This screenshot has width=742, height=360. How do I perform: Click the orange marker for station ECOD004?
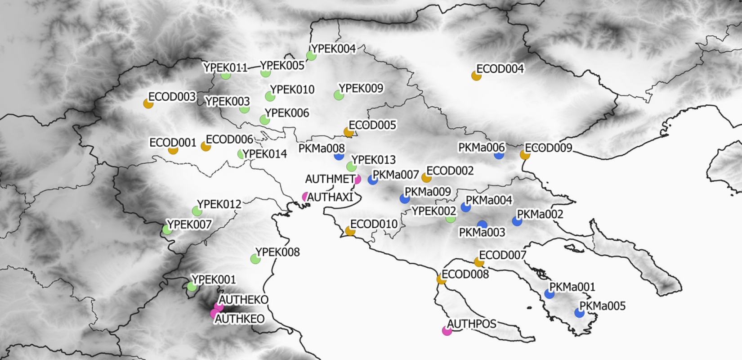pyautogui.click(x=476, y=76)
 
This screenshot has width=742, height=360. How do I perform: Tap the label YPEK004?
pyautogui.click(x=334, y=49)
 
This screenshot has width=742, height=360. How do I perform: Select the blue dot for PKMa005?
pyautogui.click(x=580, y=313)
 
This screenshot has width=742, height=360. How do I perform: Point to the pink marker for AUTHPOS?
pyautogui.click(x=447, y=331)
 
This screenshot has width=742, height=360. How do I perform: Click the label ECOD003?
pyautogui.click(x=172, y=97)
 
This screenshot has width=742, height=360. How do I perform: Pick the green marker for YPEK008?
pyautogui.click(x=255, y=259)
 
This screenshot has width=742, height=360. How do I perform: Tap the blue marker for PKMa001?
pyautogui.click(x=549, y=294)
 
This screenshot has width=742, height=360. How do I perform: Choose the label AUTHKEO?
pyautogui.click(x=240, y=319)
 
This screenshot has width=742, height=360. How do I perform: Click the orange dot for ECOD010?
pyautogui.click(x=350, y=231)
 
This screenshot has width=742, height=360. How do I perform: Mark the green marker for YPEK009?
pyautogui.click(x=339, y=95)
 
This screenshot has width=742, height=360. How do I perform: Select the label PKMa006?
pyautogui.click(x=482, y=148)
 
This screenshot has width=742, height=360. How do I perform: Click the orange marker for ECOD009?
pyautogui.click(x=525, y=154)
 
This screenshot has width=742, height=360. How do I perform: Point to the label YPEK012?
pyautogui.click(x=219, y=204)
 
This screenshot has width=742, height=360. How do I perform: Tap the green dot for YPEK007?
pyautogui.click(x=167, y=230)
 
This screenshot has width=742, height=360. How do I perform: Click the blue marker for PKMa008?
pyautogui.click(x=339, y=156)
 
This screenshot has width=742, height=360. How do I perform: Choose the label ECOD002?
pyautogui.click(x=450, y=171)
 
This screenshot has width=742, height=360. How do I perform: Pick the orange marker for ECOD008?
pyautogui.click(x=442, y=279)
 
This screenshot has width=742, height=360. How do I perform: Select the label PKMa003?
pyautogui.click(x=482, y=233)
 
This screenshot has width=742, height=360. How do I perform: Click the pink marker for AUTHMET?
pyautogui.click(x=358, y=180)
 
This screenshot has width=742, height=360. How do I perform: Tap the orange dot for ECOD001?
pyautogui.click(x=173, y=150)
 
